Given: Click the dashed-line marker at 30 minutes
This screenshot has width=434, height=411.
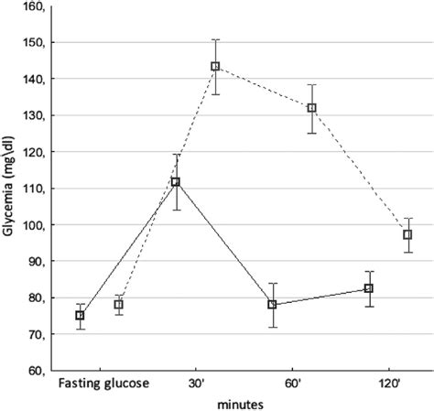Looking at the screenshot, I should pos(215,66).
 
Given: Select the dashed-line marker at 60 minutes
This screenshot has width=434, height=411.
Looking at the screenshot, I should pos(311,108).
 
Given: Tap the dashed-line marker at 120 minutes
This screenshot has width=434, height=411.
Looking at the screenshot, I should pos(407,235).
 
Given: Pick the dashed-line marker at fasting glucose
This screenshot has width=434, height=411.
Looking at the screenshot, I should pos(118,305).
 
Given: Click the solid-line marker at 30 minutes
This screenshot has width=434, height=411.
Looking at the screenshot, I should pos(176,182).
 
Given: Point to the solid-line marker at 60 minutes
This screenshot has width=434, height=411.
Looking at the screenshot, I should pos(272,305).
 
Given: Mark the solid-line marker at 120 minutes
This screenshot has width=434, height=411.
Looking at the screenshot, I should pos(369,288).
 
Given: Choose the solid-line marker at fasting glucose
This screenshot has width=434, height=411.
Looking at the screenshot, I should pos(80,316).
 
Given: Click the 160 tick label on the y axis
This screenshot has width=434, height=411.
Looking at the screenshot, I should pos(35,7).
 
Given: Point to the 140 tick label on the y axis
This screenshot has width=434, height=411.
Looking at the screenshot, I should pos(35,80).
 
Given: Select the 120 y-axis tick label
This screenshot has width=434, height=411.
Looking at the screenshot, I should pos(35,152).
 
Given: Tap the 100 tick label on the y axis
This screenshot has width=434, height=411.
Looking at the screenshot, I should pos(35,225).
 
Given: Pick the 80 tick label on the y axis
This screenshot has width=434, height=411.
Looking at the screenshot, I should pos(38,297).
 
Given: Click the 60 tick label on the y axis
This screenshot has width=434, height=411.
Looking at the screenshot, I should pos(38,371).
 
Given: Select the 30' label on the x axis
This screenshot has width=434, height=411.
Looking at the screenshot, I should pos(196,383).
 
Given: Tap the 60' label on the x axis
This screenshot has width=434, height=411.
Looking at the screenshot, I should pos(292,383).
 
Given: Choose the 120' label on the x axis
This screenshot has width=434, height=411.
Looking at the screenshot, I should pos(388,383).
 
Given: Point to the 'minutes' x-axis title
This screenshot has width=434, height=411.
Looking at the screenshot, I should pos(241,402).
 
